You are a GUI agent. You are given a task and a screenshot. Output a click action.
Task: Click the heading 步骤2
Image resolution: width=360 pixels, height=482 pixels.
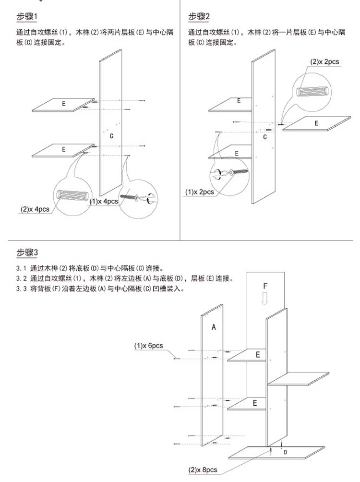click(x=199, y=17)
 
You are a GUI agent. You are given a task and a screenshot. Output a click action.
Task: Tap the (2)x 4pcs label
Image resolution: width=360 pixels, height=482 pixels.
click(x=35, y=209)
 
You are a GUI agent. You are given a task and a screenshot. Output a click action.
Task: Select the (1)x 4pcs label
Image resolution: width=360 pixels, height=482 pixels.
click(x=104, y=202)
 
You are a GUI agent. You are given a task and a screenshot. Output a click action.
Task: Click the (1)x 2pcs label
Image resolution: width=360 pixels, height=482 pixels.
click(x=199, y=192)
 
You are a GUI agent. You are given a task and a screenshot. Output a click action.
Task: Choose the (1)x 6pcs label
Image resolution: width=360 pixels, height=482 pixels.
click(x=148, y=346)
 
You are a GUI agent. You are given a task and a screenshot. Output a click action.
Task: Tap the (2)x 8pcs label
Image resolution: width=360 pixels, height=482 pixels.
click(x=203, y=470)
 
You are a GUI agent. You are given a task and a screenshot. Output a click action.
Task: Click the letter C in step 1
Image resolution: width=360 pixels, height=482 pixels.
click(x=111, y=137)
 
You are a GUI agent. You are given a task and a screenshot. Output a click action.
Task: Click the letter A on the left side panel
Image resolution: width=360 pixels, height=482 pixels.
click(x=214, y=327)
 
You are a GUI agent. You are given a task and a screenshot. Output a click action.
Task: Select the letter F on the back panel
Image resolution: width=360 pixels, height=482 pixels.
click(x=265, y=286)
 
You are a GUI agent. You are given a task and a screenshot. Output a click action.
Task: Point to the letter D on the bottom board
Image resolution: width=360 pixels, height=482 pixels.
click(x=285, y=452)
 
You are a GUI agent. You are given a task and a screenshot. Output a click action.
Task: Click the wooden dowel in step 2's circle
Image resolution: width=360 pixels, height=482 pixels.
click(x=312, y=91)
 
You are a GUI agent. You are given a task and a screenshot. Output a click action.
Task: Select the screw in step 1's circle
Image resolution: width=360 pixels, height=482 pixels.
click(x=133, y=196)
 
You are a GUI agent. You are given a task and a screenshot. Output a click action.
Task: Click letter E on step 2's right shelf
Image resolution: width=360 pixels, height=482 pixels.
click(x=316, y=123)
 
